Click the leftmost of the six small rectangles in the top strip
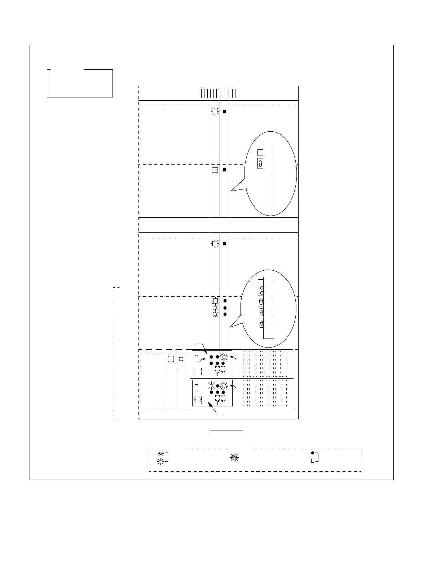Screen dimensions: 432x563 pos(203,93)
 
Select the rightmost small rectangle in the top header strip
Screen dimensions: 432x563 pos(234,93)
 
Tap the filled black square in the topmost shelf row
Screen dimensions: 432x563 pos(224,112)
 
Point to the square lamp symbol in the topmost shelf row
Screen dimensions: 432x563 pos(215,112)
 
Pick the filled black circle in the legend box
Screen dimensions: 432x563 pos(313,453)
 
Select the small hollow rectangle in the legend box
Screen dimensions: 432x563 pos(313,461)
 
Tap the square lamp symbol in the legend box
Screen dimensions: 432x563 pos(161,462)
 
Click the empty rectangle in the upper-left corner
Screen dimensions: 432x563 pos(80,83)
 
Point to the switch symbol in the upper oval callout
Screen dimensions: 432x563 pos(260,163)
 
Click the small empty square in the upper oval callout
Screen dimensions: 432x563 pos(260,153)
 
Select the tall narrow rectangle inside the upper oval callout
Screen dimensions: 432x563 pos(268,174)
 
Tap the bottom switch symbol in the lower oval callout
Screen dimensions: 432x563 pos(262,323)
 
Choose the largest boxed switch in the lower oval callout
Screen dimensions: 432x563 pos(261,301)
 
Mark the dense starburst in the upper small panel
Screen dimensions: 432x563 pos(224,357)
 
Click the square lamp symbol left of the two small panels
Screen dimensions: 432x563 pos(171,359)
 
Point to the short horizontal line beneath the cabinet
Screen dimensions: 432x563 pos(227,431)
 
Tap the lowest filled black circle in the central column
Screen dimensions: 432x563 pos(225,314)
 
